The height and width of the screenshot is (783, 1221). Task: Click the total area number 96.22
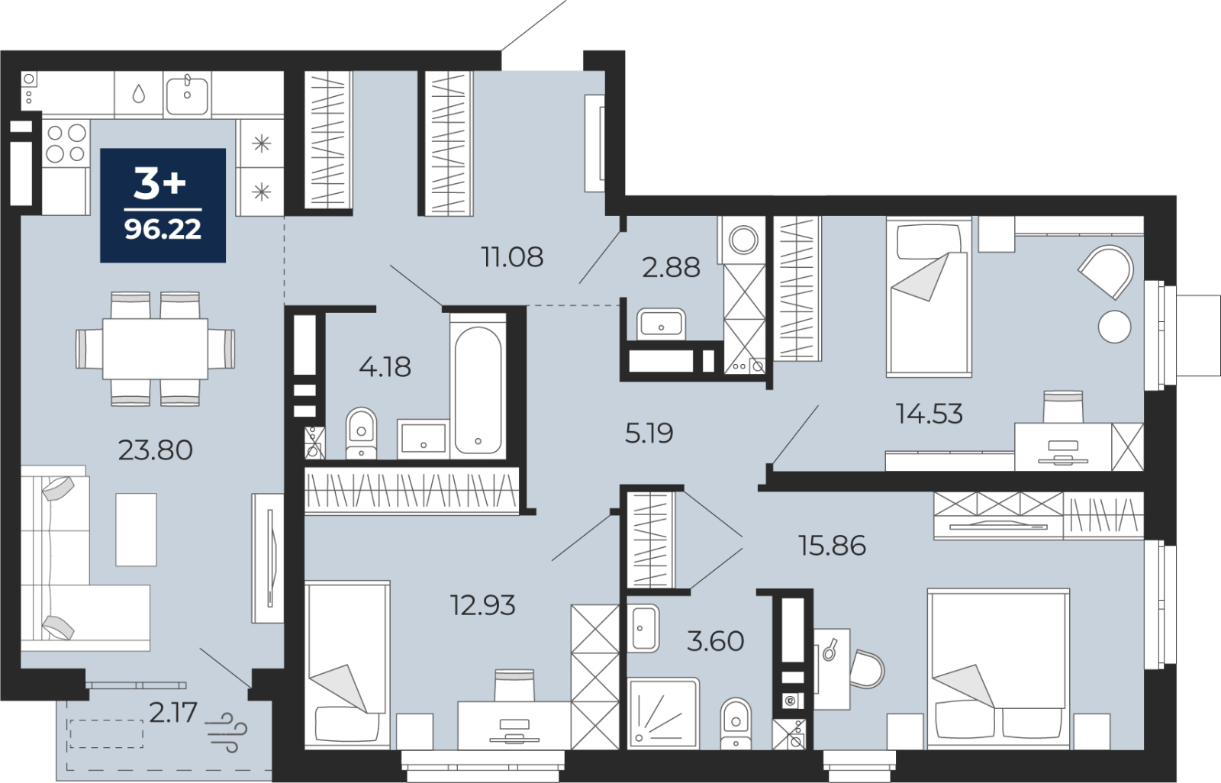(x=163, y=229)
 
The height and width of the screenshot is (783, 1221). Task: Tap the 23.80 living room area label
(x=156, y=450)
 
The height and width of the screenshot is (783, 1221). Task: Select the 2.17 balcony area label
(x=172, y=713)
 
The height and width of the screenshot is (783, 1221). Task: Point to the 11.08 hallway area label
(x=512, y=257)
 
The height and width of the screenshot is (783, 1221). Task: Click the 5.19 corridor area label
(x=649, y=433)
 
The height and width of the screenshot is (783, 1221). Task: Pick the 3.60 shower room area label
(x=715, y=641)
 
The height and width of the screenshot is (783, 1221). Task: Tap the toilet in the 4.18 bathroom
(x=361, y=433)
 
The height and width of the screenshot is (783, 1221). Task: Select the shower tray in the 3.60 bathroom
(x=663, y=713)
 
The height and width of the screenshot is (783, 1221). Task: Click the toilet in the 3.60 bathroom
(x=736, y=723)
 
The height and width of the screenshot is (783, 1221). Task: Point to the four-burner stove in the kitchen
(x=66, y=143)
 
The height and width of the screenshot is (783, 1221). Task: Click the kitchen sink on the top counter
(x=187, y=95)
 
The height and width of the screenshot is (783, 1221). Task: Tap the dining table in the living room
(x=156, y=349)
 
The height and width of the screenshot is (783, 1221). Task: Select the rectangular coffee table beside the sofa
(x=137, y=530)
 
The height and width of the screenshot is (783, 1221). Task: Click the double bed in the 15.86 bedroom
(x=999, y=669)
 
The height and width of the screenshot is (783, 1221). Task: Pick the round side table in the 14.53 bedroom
(x=1114, y=327)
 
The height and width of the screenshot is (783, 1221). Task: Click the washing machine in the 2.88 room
(x=743, y=240)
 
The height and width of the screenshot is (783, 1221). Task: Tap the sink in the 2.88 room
(x=661, y=324)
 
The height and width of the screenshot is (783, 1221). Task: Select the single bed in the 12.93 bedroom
(x=347, y=664)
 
